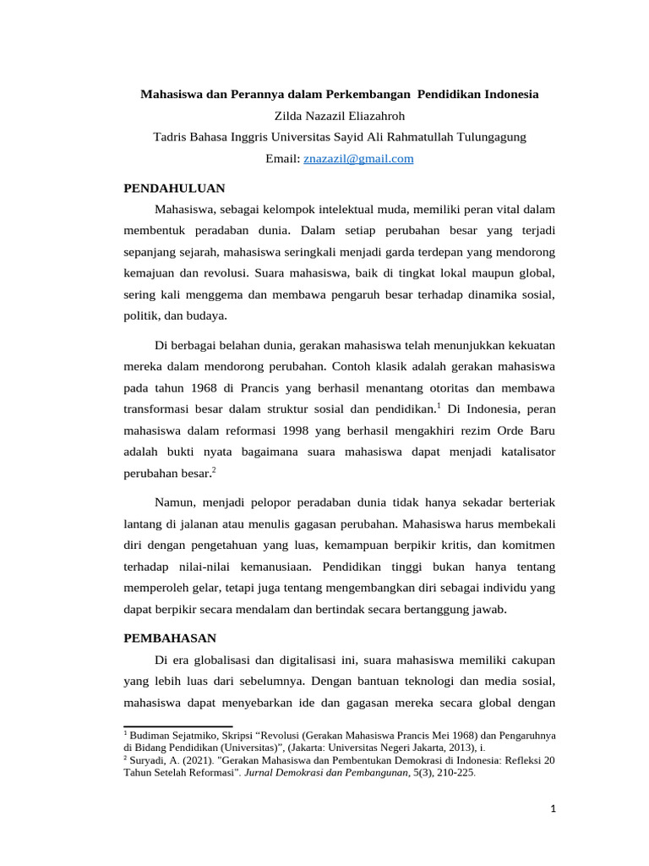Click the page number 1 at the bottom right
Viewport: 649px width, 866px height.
click(554, 809)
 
